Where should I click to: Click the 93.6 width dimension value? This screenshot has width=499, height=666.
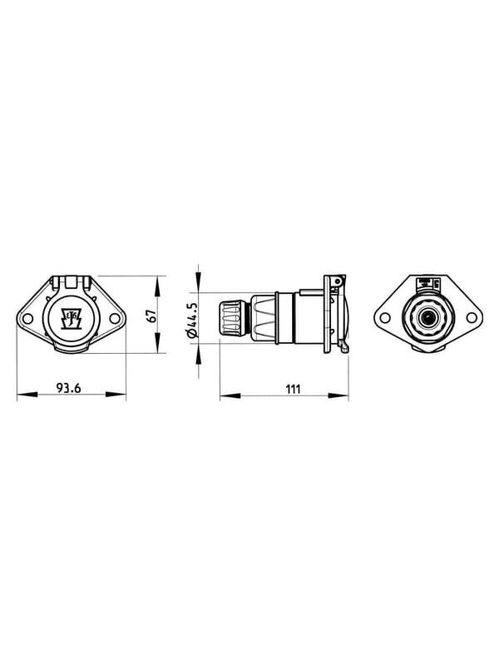coord(68,387)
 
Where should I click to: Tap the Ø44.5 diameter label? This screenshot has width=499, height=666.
coord(192,321)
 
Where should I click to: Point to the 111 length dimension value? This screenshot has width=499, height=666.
coord(294,389)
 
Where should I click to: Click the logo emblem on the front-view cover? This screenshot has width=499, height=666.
coord(72,318)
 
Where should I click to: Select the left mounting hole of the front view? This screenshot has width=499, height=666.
coord(28,318)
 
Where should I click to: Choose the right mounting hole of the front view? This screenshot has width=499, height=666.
coord(115,318)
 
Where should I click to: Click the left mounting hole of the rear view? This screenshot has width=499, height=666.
coord(385,317)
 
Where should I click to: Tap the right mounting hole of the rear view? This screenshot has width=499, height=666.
coord(472,317)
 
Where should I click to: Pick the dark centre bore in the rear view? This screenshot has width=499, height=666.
coord(427,317)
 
